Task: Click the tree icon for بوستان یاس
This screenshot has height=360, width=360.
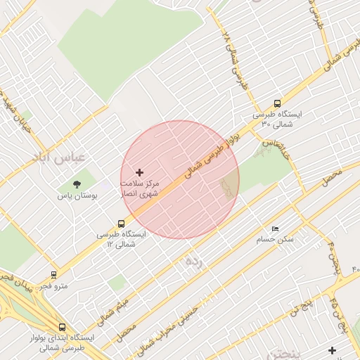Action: point(77,184)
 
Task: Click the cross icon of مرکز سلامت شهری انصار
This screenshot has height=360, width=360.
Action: point(139,172)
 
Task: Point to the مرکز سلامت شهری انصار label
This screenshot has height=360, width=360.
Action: point(139,187)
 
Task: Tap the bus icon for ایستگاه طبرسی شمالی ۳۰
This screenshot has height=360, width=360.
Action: point(277,103)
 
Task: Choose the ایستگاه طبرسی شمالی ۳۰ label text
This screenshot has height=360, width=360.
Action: point(277,119)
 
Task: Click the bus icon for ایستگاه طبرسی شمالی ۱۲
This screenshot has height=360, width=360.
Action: point(121,224)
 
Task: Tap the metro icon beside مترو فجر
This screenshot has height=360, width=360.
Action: point(54,275)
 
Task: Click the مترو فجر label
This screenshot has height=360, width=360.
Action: point(53,285)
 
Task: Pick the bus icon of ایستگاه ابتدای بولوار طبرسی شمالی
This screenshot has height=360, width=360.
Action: point(63,327)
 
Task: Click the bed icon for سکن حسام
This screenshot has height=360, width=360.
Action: point(275,229)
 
